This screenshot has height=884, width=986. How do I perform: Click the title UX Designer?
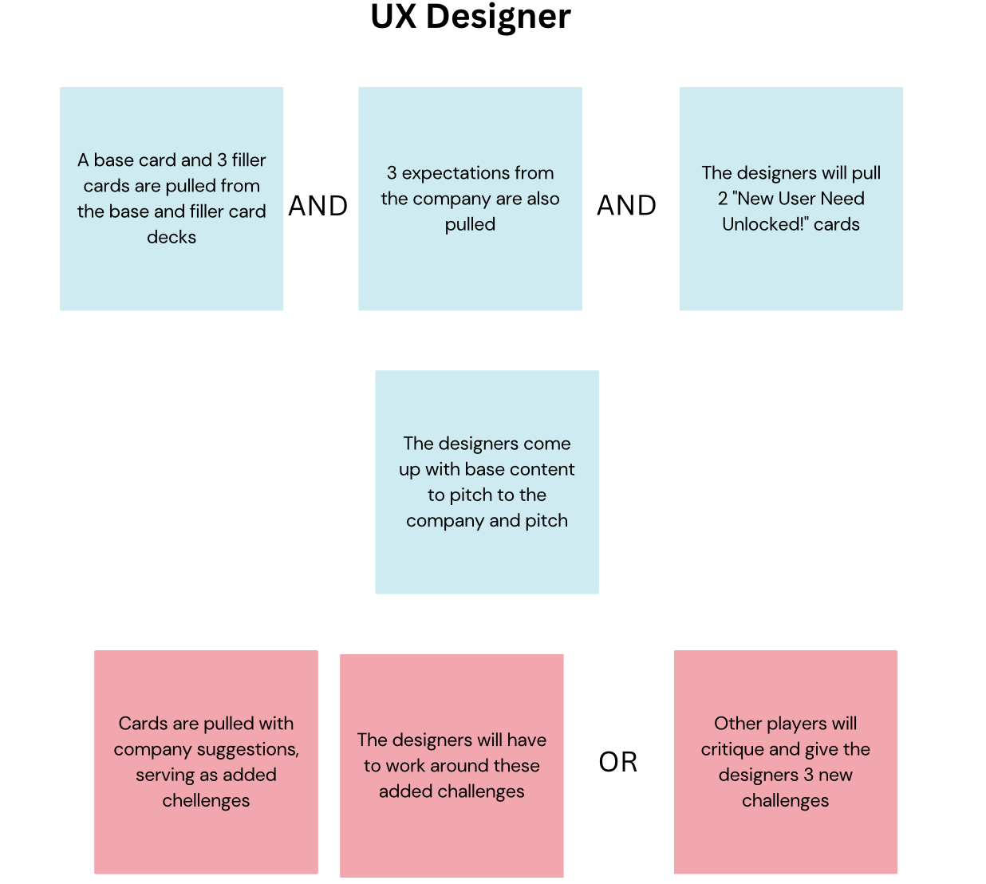tap(471, 17)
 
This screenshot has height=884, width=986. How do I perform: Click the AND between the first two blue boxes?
tap(318, 206)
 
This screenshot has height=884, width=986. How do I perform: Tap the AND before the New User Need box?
tap(627, 206)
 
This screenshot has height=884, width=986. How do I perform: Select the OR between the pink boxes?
tap(618, 762)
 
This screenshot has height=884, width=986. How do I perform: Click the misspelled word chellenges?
tap(206, 800)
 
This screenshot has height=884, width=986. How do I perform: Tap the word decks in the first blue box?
tap(172, 237)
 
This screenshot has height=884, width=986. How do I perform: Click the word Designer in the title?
tap(498, 17)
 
